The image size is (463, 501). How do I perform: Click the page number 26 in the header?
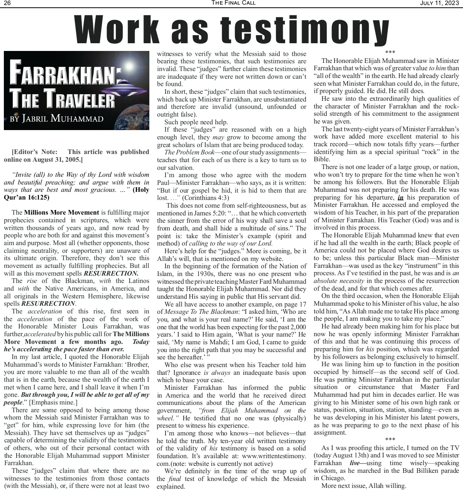click(x=7, y=3)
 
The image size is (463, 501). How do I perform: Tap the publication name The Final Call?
click(x=233, y=3)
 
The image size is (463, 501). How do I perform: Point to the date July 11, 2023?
click(x=439, y=3)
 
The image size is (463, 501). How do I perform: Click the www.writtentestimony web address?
click(x=274, y=456)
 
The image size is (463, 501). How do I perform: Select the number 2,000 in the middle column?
click(x=297, y=327)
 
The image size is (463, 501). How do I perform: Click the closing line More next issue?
click(x=363, y=486)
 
